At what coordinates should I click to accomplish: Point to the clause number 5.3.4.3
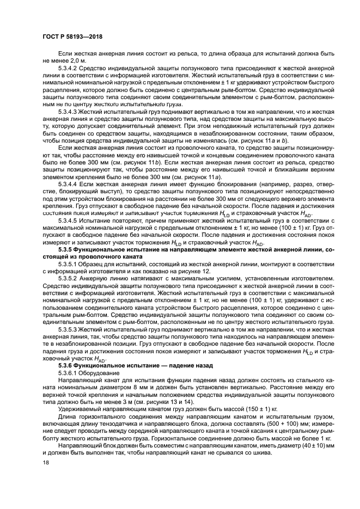(x=68, y=111)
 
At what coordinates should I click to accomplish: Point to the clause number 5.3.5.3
(x=68, y=330)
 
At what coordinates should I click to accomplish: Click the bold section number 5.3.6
(x=66, y=365)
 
